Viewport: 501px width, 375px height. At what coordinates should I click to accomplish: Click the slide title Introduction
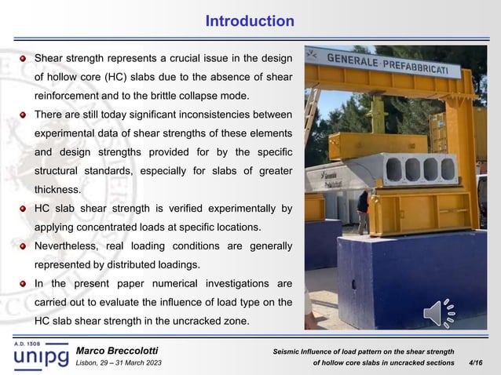(x=250, y=20)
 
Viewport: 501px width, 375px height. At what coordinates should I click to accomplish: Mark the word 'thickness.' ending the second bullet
(x=57, y=189)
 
